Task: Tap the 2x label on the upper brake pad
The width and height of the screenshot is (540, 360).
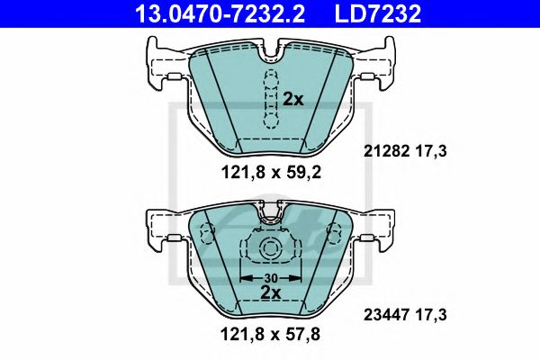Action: tap(293, 100)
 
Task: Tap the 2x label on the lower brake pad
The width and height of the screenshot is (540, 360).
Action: tap(271, 292)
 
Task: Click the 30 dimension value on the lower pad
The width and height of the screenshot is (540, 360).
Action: tap(269, 277)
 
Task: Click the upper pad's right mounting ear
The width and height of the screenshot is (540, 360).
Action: tap(375, 64)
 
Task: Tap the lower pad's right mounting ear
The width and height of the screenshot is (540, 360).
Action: tap(375, 230)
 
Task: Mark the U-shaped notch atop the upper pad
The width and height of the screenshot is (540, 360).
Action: tap(269, 52)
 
